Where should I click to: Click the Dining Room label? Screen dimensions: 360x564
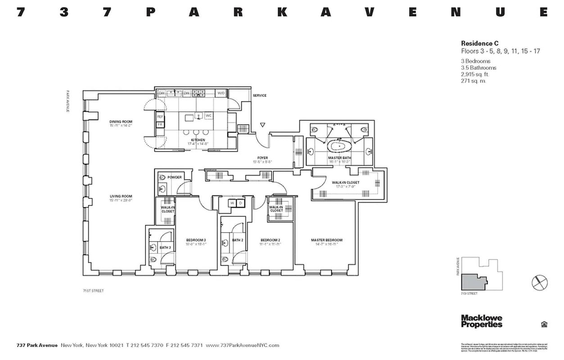pyautogui.click(x=120, y=122)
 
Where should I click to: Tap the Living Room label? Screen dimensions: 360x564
pyautogui.click(x=120, y=196)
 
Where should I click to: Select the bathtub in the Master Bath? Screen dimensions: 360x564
pyautogui.click(x=337, y=147)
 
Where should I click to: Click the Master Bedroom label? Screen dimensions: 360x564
pyautogui.click(x=327, y=240)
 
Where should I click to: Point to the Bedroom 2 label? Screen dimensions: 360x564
pyautogui.click(x=270, y=240)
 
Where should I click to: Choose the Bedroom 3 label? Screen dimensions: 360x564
pyautogui.click(x=196, y=240)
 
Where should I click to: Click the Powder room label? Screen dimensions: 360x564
pyautogui.click(x=174, y=177)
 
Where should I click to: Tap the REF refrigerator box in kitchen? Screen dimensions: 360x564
pyautogui.click(x=160, y=117)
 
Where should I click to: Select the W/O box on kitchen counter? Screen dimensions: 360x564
pyautogui.click(x=221, y=93)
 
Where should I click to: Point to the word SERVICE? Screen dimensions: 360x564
pyautogui.click(x=259, y=95)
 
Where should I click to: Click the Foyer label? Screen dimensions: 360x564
pyautogui.click(x=262, y=158)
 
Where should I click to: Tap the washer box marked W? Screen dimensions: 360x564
pyautogui.click(x=232, y=203)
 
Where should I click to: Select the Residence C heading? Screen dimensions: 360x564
pyautogui.click(x=479, y=43)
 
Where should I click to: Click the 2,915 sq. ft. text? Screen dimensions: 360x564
pyautogui.click(x=475, y=74)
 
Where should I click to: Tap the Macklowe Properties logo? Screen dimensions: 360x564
pyautogui.click(x=481, y=321)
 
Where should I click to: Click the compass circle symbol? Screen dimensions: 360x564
pyautogui.click(x=539, y=283)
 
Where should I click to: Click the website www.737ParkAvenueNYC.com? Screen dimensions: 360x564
pyautogui.click(x=242, y=346)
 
